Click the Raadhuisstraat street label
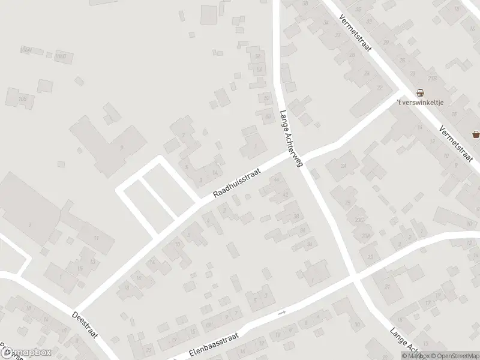[x=238, y=183]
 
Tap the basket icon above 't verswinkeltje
[x=421, y=92]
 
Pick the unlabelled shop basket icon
[x=475, y=133]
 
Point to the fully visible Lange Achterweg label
[x=292, y=137]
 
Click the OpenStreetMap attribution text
[x=452, y=356]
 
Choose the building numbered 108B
[x=59, y=56]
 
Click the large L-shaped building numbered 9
[x=111, y=144]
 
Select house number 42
[x=285, y=194]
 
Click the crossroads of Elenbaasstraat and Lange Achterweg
[x=356, y=278]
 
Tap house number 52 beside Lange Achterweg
[x=266, y=97]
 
